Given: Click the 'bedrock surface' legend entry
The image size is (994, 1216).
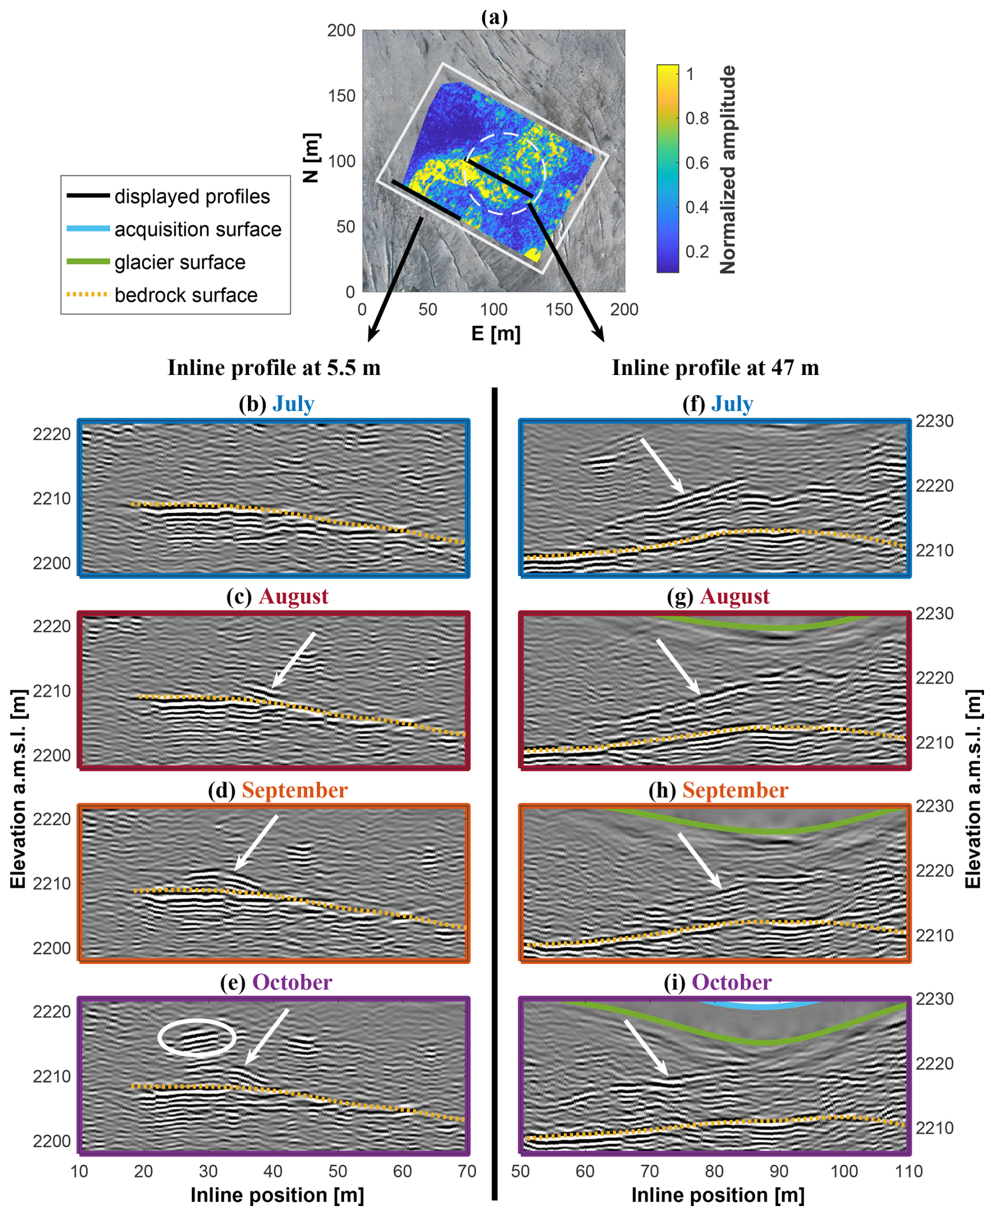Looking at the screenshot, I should click(x=185, y=295).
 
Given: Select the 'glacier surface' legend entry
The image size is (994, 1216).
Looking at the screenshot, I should click(x=179, y=263).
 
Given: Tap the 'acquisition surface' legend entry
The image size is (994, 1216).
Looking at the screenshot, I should click(x=198, y=230).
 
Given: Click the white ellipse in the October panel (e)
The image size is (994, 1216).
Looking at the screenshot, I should click(x=196, y=1037).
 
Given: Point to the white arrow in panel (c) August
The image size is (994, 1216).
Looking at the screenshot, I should click(x=293, y=660).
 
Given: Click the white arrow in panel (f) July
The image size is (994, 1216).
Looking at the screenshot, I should click(x=662, y=465).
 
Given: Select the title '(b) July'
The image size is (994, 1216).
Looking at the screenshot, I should click(x=276, y=404).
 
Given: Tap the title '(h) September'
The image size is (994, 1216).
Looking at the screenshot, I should click(x=718, y=791).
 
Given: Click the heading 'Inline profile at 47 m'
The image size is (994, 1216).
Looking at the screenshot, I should click(x=715, y=368).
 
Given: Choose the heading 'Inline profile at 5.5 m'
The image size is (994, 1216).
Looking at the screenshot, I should click(x=274, y=368).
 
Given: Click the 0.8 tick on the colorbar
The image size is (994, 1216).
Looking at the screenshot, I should click(x=697, y=119).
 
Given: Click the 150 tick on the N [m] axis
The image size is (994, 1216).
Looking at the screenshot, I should click(x=342, y=96).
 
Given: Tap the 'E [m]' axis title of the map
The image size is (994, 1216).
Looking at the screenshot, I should click(x=495, y=333).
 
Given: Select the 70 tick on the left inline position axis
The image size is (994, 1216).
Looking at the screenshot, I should click(x=467, y=1171).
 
